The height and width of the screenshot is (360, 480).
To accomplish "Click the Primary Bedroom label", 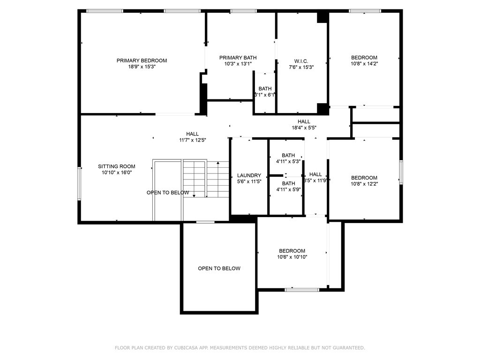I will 142,60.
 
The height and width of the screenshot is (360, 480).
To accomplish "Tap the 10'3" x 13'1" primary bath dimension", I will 238,64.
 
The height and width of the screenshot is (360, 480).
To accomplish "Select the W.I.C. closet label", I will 301,61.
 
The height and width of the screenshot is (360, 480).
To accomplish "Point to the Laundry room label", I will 249,175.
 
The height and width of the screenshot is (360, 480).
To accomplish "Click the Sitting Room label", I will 117,166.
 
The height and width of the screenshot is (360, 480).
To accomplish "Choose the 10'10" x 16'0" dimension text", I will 117,172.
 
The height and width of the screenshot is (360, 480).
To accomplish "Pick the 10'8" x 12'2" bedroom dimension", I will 364,184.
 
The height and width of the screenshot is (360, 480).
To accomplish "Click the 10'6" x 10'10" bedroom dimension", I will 292,257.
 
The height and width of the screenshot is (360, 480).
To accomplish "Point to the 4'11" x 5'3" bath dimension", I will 288,161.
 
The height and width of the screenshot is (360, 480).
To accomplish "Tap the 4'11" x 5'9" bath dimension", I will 288,189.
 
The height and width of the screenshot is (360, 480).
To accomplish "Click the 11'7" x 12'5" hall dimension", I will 192,140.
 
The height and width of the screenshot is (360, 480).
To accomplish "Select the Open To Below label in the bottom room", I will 219,269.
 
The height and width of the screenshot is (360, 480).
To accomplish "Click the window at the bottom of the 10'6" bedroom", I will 303,290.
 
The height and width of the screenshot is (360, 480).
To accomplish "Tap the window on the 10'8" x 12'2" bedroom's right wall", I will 401,172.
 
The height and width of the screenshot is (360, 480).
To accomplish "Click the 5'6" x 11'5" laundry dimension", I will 249,181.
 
